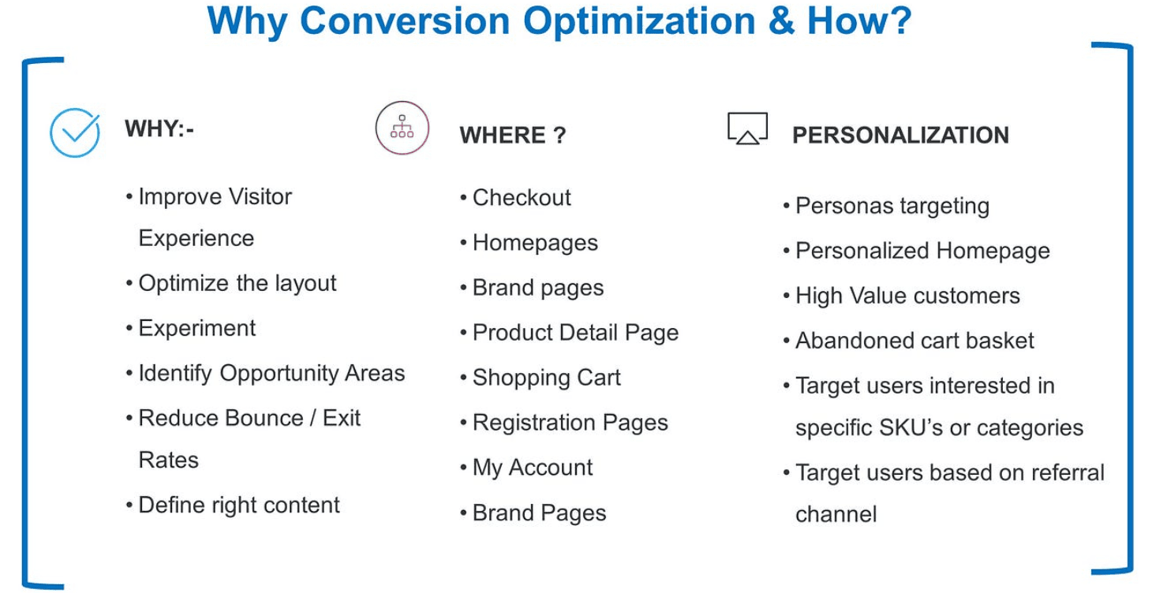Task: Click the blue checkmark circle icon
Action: click(x=75, y=132)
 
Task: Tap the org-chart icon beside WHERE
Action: click(x=402, y=128)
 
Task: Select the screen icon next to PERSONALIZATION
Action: click(x=747, y=128)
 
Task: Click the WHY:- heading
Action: click(x=159, y=129)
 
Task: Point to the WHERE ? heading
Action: click(x=513, y=135)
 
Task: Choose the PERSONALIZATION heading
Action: click(x=900, y=135)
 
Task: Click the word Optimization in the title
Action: click(x=639, y=21)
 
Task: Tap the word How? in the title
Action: click(x=859, y=21)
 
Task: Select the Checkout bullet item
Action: click(x=515, y=197)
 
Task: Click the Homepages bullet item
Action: click(x=529, y=243)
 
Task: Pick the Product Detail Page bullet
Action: click(x=570, y=333)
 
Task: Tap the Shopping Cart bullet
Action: click(x=540, y=378)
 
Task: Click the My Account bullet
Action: click(x=526, y=468)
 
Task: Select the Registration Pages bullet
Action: click(x=563, y=423)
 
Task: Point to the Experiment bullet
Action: click(x=191, y=328)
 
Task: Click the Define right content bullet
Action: click(x=233, y=505)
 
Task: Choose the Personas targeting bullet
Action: click(x=886, y=206)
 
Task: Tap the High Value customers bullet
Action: click(x=902, y=296)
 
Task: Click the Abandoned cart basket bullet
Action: click(x=908, y=340)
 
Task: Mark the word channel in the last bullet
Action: click(x=836, y=514)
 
